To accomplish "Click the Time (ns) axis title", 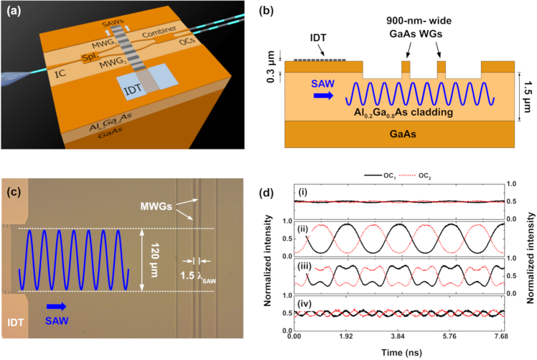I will pos(397,351).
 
